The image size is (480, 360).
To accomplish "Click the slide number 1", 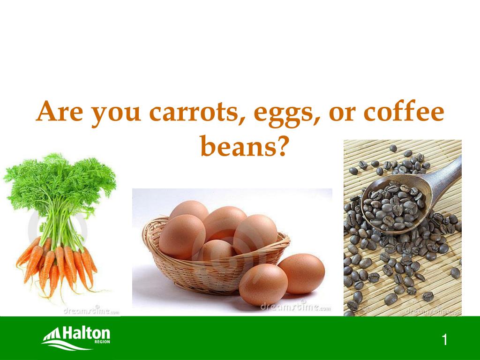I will pyautogui.click(x=444, y=340).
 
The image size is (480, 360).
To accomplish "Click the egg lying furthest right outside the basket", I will pyautogui.click(x=301, y=274).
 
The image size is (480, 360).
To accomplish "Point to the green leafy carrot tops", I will pyautogui.click(x=61, y=187).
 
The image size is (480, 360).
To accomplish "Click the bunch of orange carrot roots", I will pyautogui.click(x=56, y=265).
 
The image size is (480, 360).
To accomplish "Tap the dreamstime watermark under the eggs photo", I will pyautogui.click(x=295, y=307).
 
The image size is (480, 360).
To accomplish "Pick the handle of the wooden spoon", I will pyautogui.click(x=445, y=176).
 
